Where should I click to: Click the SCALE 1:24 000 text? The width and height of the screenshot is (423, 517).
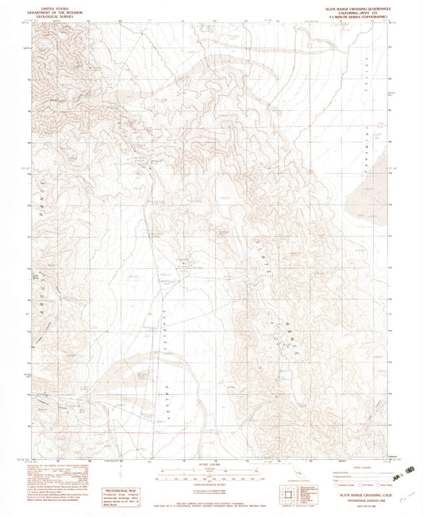210,464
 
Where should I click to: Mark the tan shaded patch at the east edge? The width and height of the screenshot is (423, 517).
371,190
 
